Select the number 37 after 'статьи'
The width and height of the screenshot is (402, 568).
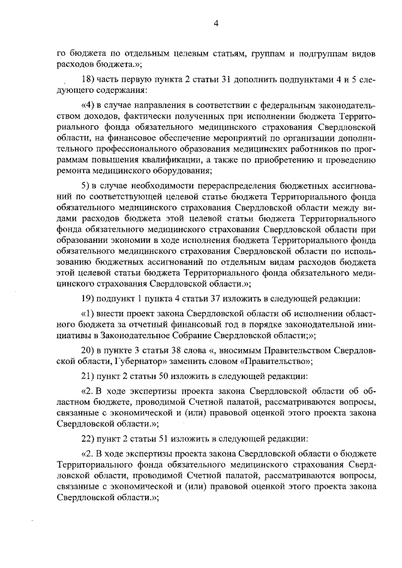205,299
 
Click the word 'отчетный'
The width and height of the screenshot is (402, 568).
156,324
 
